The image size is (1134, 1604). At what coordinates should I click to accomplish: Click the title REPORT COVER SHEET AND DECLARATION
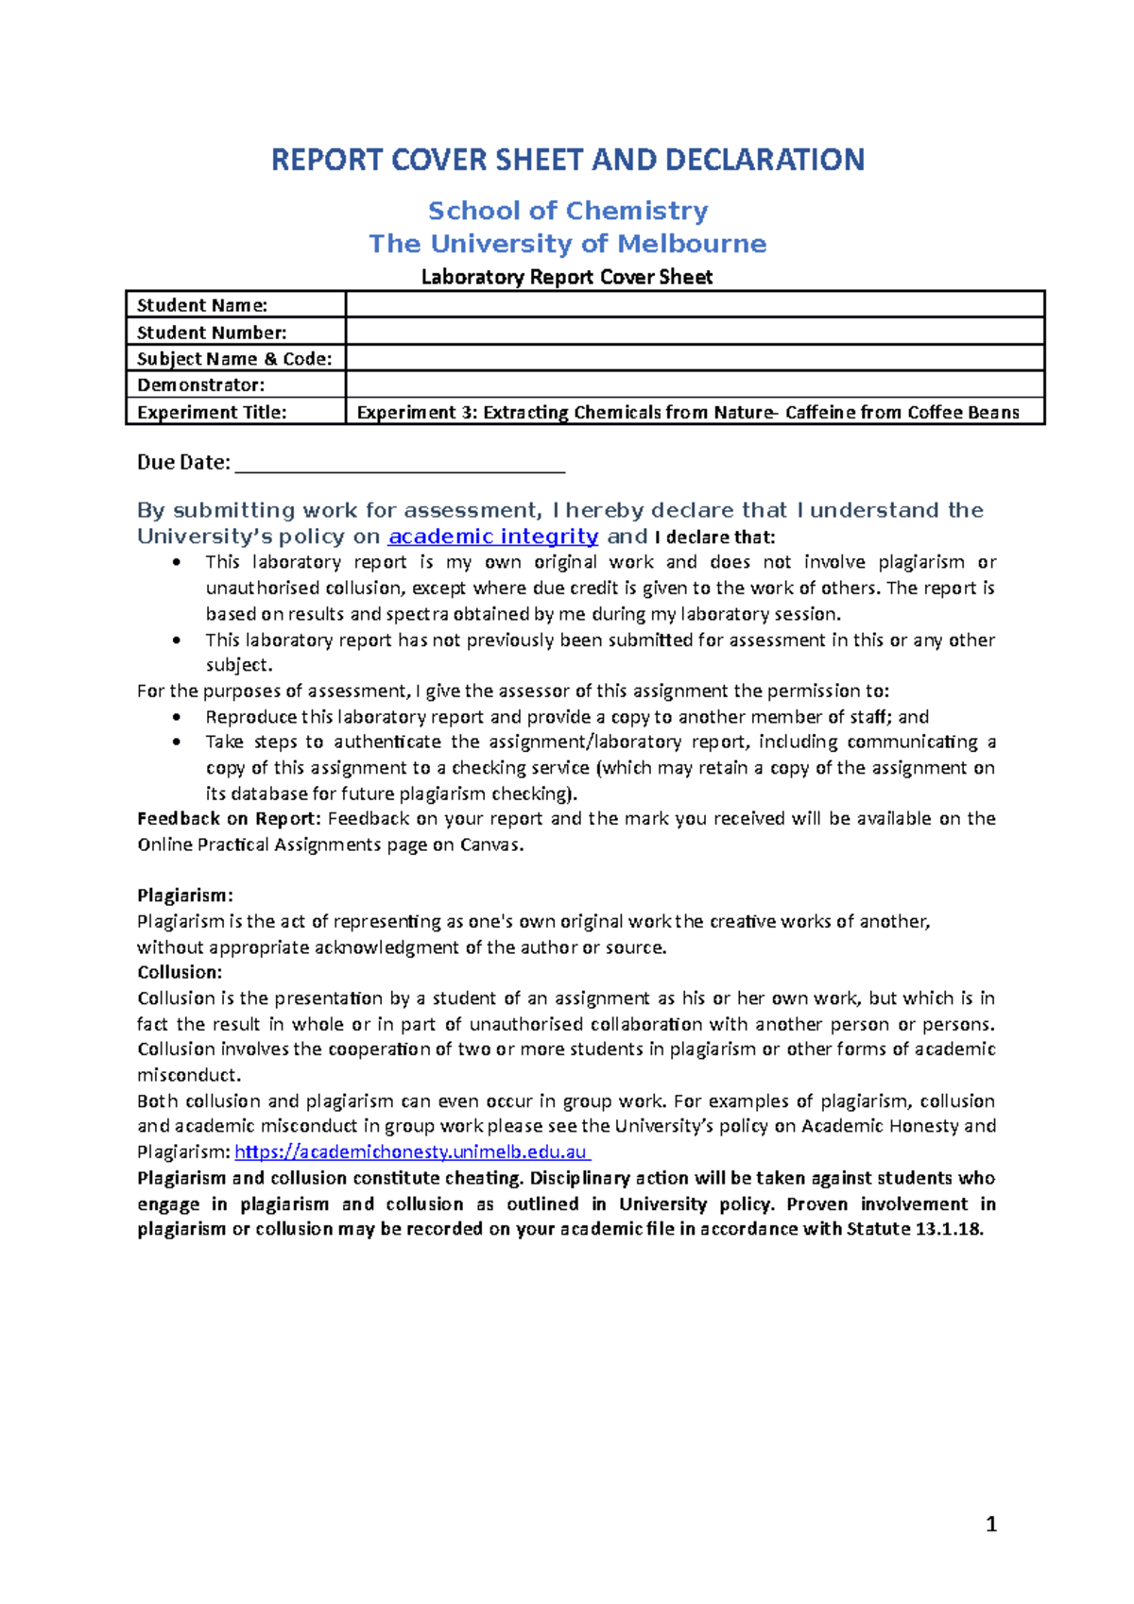coord(567,160)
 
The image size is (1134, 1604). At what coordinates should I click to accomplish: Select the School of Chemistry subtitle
coord(567,211)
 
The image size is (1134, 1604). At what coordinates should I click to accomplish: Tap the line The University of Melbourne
coord(567,244)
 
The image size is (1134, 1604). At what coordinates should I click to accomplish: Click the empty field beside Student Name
coord(695,304)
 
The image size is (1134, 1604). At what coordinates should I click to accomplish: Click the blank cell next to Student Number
coord(695,332)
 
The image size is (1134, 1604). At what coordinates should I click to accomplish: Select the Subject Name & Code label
coord(234,359)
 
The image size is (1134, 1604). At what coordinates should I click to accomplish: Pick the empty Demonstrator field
coord(695,384)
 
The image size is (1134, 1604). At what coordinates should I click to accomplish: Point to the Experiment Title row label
coord(212,412)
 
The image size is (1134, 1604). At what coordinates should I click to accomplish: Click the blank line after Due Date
coord(399,463)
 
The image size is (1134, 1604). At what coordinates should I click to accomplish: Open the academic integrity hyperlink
coord(492,537)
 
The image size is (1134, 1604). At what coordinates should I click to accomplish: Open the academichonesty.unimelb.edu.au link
coord(411,1152)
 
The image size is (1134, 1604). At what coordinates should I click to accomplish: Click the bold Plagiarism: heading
coord(184,895)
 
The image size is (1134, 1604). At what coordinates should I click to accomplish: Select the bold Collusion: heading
coord(180,972)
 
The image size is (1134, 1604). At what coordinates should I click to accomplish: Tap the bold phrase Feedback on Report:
coord(229,818)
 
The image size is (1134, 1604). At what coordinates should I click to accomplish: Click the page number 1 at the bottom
coord(990,1524)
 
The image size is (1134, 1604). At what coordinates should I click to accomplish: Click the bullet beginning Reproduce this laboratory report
coord(567,717)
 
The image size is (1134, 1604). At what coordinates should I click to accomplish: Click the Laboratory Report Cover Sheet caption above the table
coord(566,277)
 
